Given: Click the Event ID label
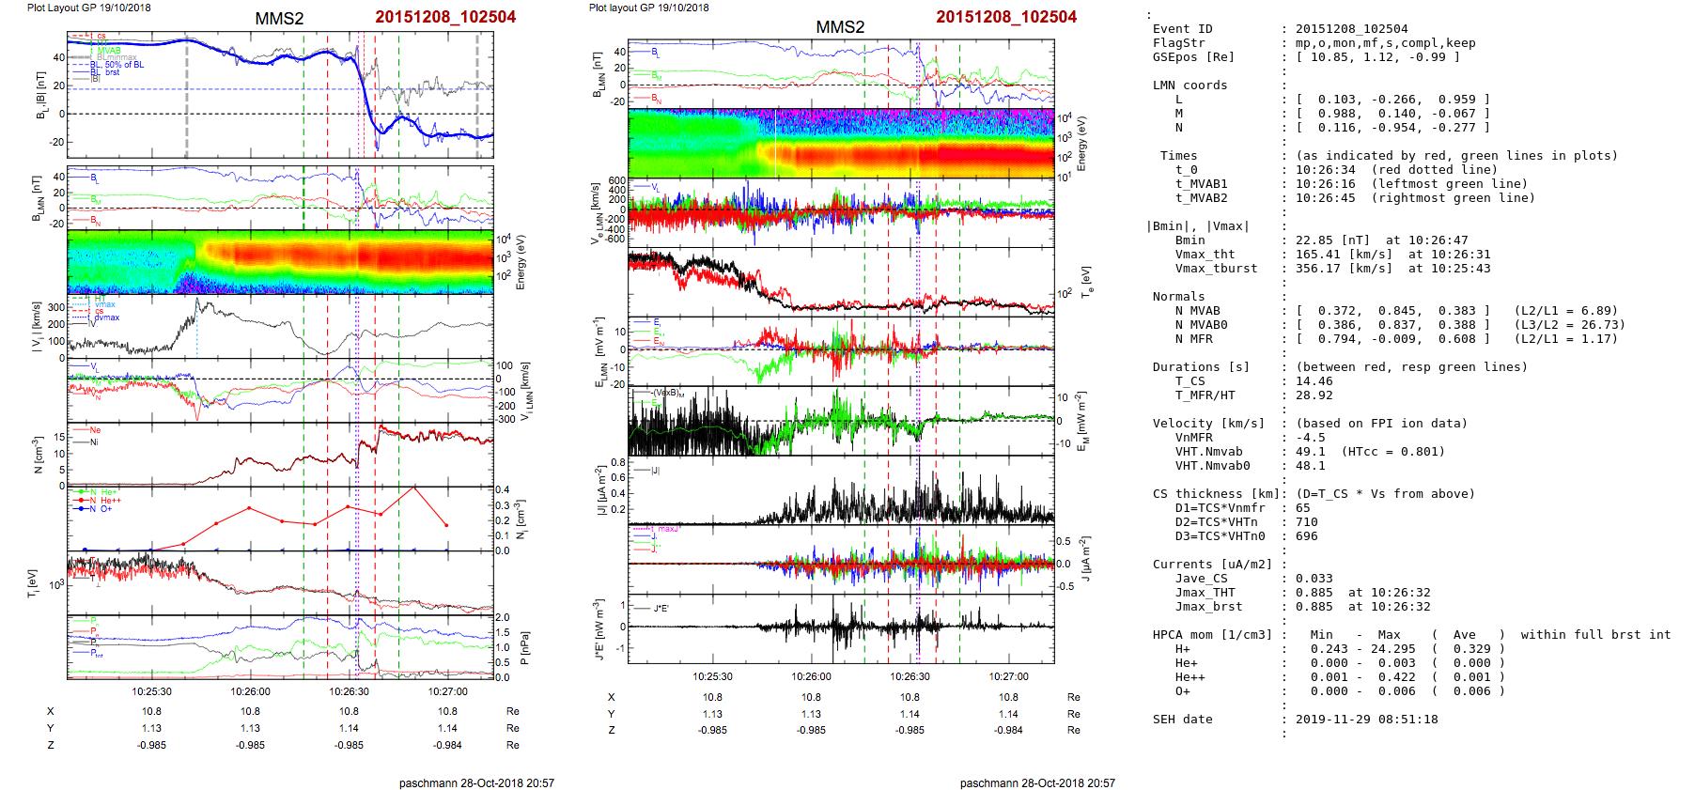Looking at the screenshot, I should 1182,29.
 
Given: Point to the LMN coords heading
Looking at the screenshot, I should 1190,85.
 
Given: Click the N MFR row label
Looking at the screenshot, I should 1193,339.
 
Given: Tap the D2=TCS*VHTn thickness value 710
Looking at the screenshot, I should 1306,522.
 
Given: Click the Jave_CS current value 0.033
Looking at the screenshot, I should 1314,579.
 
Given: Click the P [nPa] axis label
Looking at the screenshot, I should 524,648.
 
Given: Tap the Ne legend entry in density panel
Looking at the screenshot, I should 95,430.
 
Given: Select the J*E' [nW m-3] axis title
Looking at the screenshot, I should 599,629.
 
